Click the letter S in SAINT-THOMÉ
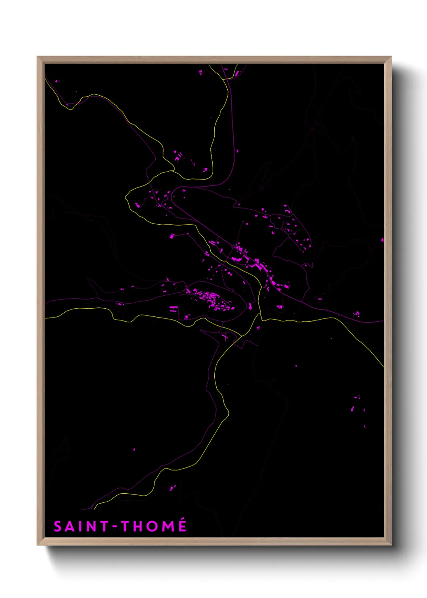[58, 526]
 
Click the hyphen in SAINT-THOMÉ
[115, 527]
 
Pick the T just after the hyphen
[126, 526]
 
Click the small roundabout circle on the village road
[233, 246]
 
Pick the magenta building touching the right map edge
[382, 240]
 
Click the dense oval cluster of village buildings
[212, 300]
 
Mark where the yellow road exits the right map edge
[383, 366]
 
